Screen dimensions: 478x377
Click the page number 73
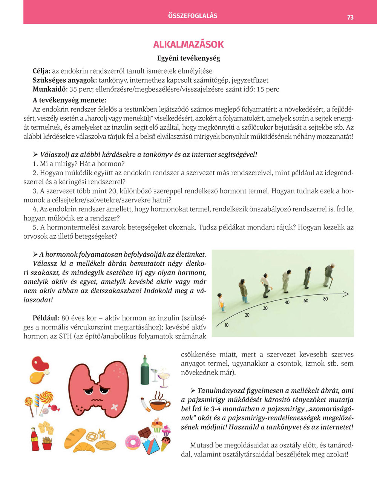point(350,17)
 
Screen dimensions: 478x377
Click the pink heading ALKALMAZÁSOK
point(188,44)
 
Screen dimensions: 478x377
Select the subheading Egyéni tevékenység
point(188,58)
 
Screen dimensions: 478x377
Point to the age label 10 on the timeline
point(227,325)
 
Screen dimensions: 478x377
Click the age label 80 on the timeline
point(325,299)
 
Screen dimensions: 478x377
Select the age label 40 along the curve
point(287,302)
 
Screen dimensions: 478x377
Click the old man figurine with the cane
point(329,275)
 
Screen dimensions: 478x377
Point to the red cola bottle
point(35,439)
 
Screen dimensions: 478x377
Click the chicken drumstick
point(37,377)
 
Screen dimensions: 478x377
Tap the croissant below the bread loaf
point(84,447)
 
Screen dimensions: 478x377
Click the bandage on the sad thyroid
point(115,407)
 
